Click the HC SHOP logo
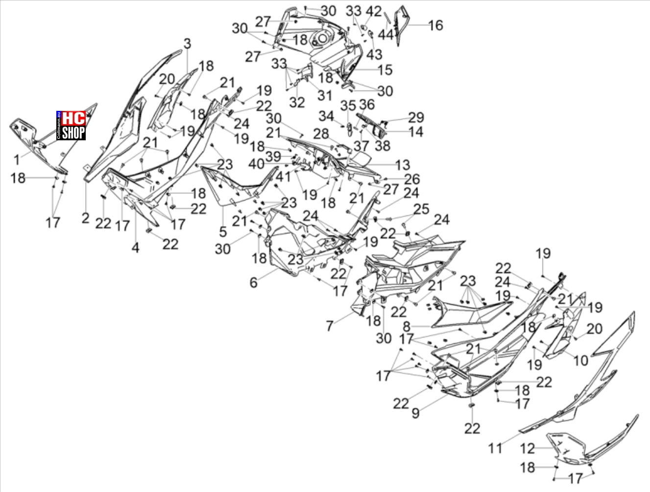click(71, 126)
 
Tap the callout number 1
click(17, 160)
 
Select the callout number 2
click(85, 218)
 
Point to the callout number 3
click(187, 44)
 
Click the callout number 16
click(435, 26)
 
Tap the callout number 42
click(374, 11)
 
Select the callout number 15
click(385, 70)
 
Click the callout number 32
click(297, 103)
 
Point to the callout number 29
click(416, 117)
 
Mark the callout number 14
click(416, 131)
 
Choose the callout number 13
click(403, 165)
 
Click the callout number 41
click(283, 177)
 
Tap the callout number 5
click(223, 232)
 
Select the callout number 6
click(253, 283)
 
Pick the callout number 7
click(330, 326)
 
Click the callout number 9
click(415, 413)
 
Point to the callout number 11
click(495, 448)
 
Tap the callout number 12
click(528, 449)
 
